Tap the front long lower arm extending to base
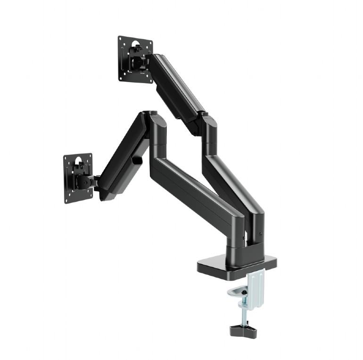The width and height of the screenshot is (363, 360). tap(198, 189)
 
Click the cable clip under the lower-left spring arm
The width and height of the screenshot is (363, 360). tap(137, 160)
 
